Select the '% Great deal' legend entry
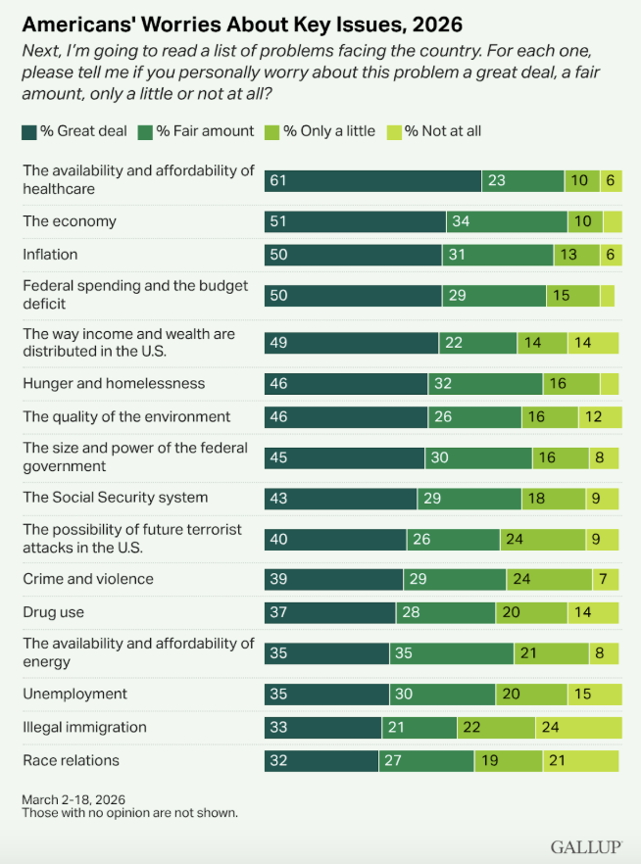(77, 131)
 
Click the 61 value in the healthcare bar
(278, 180)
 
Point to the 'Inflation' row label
(50, 255)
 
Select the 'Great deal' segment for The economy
(355, 221)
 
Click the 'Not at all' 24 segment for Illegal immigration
(578, 727)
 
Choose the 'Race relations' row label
(70, 760)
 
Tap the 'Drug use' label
(53, 612)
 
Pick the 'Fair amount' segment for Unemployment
(442, 695)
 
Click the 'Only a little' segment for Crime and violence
(549, 579)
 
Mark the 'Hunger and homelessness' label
(113, 384)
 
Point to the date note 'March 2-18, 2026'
(74, 799)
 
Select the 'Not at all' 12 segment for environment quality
(600, 417)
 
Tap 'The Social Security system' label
(115, 498)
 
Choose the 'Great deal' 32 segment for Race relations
(321, 760)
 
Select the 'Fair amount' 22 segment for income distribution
(477, 343)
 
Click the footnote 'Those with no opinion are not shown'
(129, 813)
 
